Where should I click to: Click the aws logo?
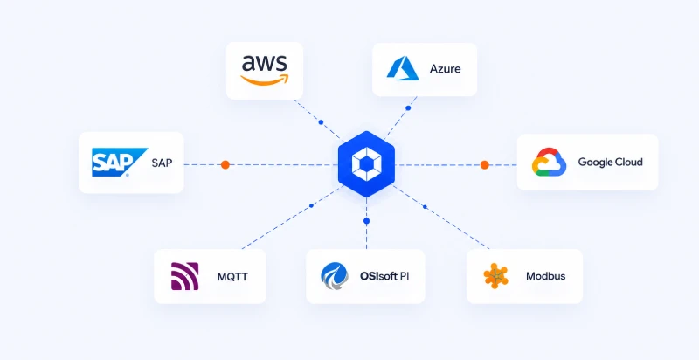tap(265, 70)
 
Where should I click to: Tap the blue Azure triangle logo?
tap(403, 68)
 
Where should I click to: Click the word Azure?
tap(446, 69)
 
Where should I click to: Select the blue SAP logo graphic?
tap(120, 163)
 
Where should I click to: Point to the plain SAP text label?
tap(162, 163)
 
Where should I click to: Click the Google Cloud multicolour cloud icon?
tap(549, 162)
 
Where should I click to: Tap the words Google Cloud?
tap(610, 162)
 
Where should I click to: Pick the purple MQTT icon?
tap(185, 276)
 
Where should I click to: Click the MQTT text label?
tap(232, 277)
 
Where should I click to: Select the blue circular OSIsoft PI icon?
tap(335, 276)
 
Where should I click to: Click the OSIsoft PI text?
tap(384, 276)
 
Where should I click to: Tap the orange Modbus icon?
tap(495, 276)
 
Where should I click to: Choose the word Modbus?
tap(545, 276)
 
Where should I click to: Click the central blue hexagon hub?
tap(366, 164)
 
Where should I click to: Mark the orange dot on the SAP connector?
tap(225, 165)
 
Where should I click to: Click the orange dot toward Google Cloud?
tap(485, 165)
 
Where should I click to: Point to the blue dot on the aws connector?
tap(321, 122)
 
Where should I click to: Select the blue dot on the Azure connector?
tap(408, 107)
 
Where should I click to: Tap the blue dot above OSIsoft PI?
tap(366, 221)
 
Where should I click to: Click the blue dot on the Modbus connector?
tap(425, 207)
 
